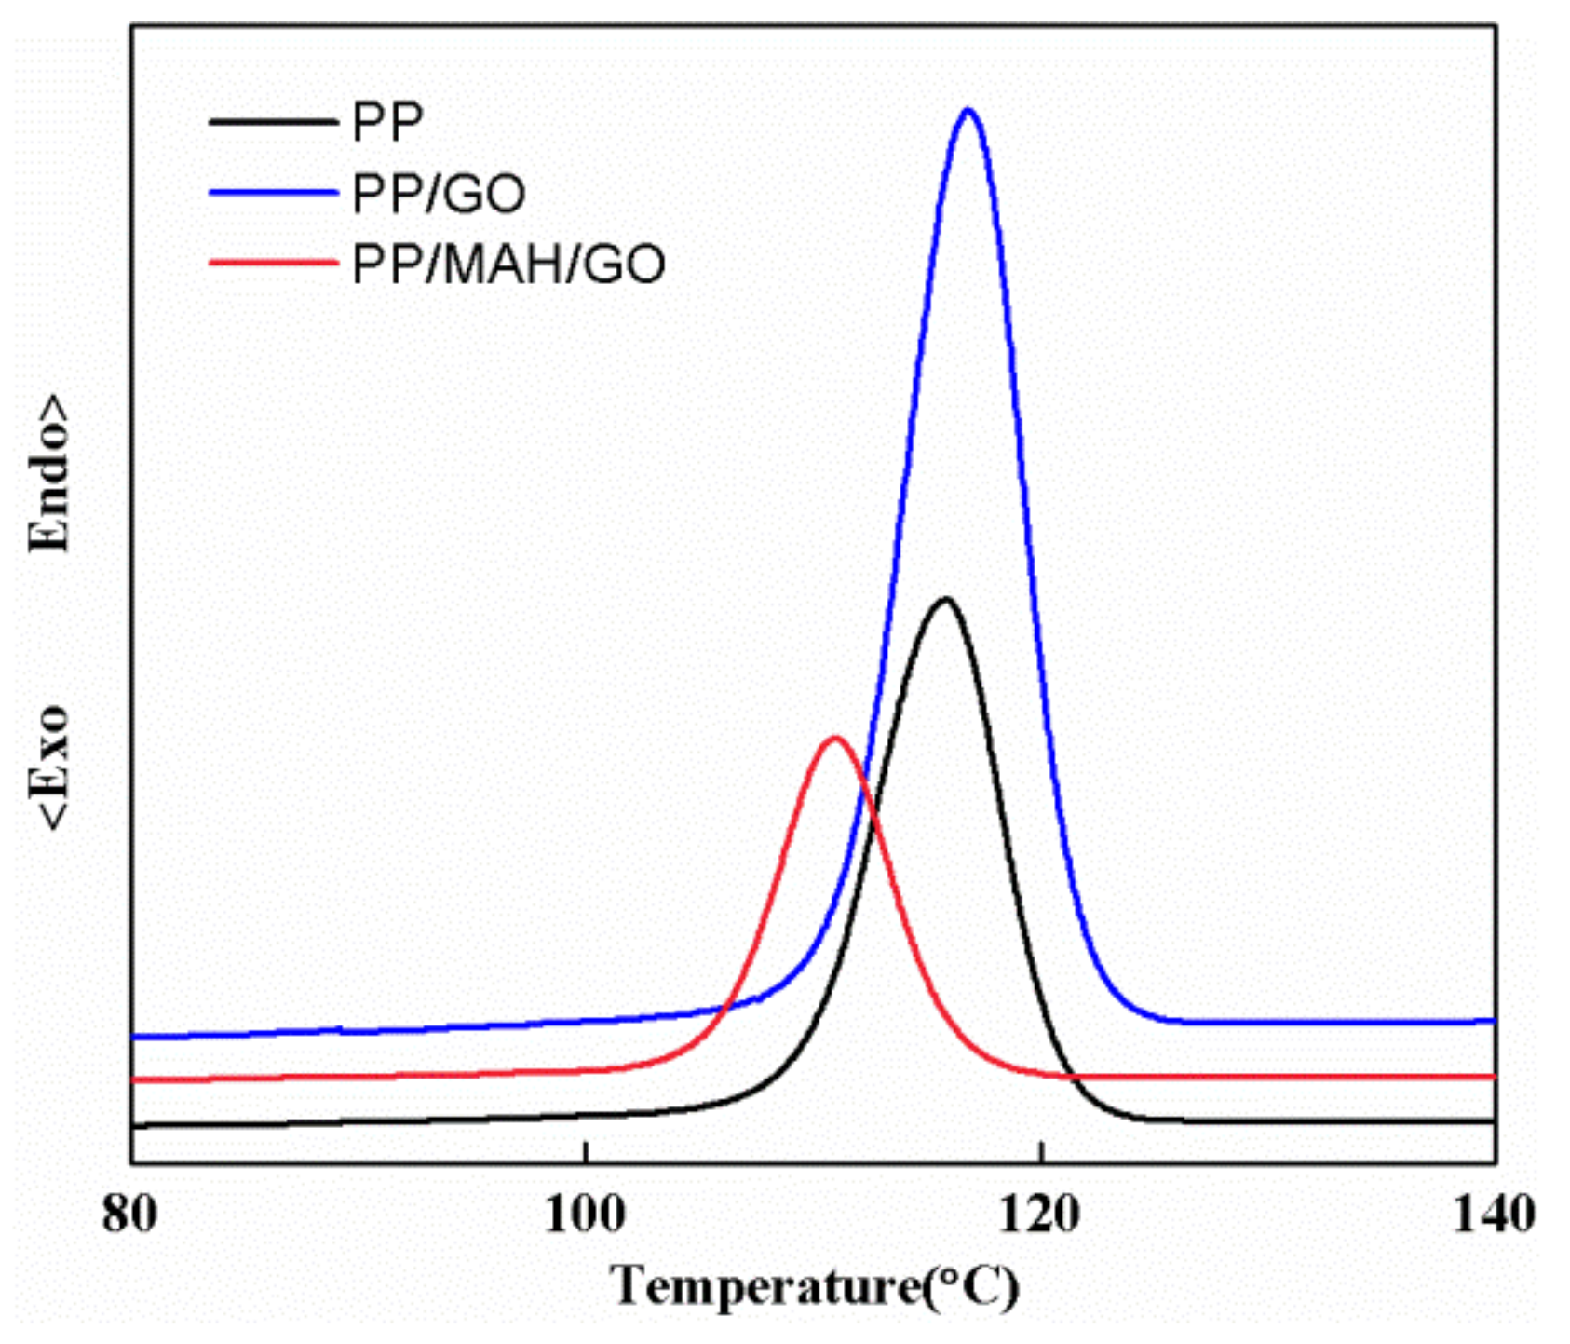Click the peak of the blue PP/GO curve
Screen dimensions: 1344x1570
[x=968, y=111]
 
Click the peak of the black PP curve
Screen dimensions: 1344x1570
[x=945, y=599]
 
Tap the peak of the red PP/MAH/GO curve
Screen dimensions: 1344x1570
[x=835, y=738]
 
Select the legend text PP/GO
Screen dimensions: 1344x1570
[x=439, y=194]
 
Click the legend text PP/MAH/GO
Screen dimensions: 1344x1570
[x=508, y=265]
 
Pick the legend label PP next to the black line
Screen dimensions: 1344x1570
[x=387, y=122]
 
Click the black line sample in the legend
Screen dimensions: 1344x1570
[x=272, y=122]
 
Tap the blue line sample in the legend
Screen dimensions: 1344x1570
[x=272, y=193]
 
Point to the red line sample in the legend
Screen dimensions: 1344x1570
[x=272, y=264]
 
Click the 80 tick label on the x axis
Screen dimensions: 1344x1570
[x=129, y=1215]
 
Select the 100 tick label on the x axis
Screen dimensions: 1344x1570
[x=584, y=1215]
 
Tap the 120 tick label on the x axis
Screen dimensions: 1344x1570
[x=1040, y=1215]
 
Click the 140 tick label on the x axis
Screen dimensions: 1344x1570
[x=1494, y=1215]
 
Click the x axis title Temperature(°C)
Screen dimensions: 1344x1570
[x=815, y=1288]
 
